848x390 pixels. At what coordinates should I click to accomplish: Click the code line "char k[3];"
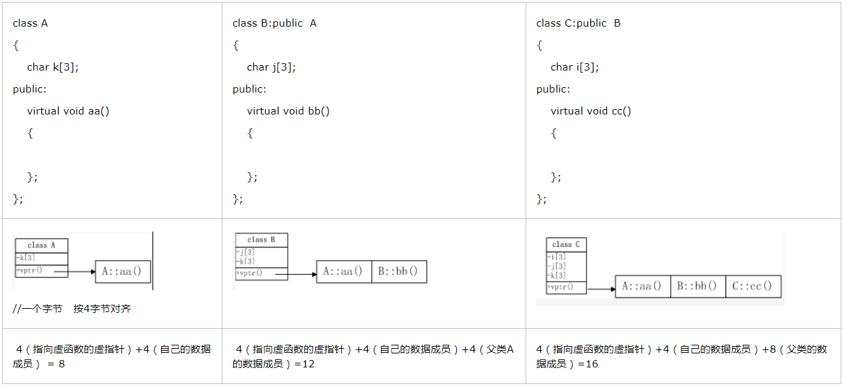pos(53,67)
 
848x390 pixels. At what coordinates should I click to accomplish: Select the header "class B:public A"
pos(274,23)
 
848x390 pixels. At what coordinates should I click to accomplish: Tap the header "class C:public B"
pos(578,23)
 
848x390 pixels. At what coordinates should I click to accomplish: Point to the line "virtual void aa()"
pos(68,111)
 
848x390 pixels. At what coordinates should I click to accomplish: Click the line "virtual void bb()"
pos(288,111)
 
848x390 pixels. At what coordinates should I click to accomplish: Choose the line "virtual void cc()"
pos(591,111)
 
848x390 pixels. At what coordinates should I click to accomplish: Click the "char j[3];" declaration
pos(271,67)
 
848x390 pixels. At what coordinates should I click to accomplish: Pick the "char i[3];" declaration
pos(574,67)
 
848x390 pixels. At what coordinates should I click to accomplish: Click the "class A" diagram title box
pos(41,246)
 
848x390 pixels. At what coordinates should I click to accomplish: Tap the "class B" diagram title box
pos(261,240)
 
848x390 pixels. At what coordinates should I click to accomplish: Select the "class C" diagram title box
pos(566,244)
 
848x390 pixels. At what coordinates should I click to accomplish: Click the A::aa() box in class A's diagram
pos(123,271)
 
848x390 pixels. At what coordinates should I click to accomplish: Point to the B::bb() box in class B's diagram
pos(398,272)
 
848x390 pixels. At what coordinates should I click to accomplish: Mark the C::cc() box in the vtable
pos(753,286)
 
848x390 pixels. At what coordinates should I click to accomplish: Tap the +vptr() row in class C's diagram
pos(566,287)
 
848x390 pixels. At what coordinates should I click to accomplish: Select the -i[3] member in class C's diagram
pos(558,257)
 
